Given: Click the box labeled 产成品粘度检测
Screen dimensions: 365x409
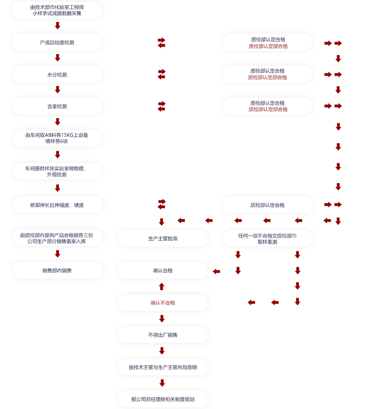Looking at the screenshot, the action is (57, 42).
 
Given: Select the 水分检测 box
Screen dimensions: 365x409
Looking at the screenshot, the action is (57, 75).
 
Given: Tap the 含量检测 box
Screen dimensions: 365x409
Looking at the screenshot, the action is (57, 106).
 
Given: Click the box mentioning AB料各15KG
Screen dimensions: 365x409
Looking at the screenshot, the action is (57, 138).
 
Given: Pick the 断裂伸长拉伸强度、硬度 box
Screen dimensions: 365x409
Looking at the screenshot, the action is (57, 205).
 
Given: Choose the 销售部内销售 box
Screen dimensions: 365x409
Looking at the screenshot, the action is (57, 270).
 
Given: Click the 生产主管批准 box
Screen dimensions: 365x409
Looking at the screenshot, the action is (163, 238).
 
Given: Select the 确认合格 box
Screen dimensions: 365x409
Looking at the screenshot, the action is (163, 270).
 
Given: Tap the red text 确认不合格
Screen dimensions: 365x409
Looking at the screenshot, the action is (163, 303).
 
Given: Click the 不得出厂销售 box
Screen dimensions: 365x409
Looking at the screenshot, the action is (163, 335).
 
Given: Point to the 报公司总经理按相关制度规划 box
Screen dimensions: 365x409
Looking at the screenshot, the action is (163, 399).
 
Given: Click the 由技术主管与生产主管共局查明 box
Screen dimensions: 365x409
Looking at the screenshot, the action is (163, 367).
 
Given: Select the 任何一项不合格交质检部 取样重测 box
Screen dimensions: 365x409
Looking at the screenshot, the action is (268, 238).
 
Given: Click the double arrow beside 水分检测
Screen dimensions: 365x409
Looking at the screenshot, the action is (162, 74).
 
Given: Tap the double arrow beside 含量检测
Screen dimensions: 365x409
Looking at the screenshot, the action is (162, 106).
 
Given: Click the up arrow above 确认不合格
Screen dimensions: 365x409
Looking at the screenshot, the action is (162, 286).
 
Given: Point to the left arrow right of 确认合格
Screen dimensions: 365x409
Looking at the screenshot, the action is (216, 271).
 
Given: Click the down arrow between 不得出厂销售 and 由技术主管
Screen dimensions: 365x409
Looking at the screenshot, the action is (162, 351).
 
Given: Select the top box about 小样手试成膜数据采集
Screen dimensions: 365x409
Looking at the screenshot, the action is (57, 10).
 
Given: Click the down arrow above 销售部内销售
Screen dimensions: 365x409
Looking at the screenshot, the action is (57, 254).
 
